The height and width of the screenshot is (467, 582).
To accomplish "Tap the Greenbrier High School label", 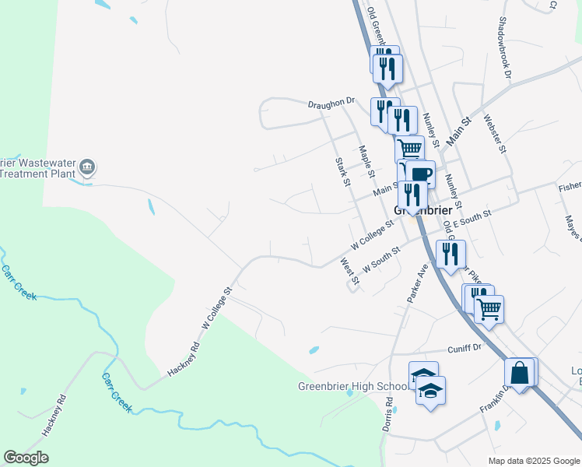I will tap(352, 386).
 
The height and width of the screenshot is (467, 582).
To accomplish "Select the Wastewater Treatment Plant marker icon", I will tap(87, 167).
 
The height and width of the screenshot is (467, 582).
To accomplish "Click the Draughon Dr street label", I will tap(331, 101).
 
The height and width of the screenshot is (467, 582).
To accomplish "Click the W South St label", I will tap(381, 259).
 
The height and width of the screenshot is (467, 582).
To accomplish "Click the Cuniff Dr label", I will tap(465, 349).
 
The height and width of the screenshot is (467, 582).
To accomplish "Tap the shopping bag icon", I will tap(520, 374).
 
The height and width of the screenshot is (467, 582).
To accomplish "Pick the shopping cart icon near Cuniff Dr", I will tap(489, 309).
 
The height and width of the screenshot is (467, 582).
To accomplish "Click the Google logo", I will tap(26, 458).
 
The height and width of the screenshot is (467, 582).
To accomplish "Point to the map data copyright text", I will tap(534, 461).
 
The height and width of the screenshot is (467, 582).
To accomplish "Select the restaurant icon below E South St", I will tap(451, 254).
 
